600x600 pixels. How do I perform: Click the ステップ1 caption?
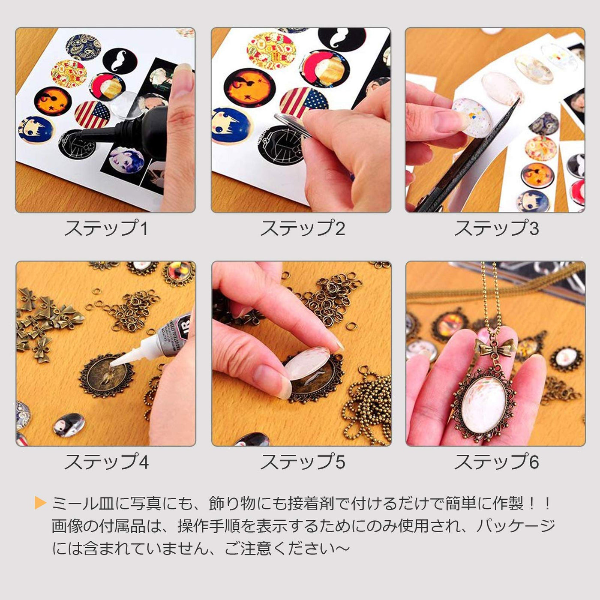point(106,228)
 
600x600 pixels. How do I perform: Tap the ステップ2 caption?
point(303,228)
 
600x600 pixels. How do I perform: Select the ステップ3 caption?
point(496,228)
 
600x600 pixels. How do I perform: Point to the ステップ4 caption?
point(106,462)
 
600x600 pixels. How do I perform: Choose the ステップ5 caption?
point(303,462)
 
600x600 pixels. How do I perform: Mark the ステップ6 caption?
point(496,462)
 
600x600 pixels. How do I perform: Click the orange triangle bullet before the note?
point(40,503)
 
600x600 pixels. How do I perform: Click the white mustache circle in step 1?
point(120,61)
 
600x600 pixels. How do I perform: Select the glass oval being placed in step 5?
point(308,363)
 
